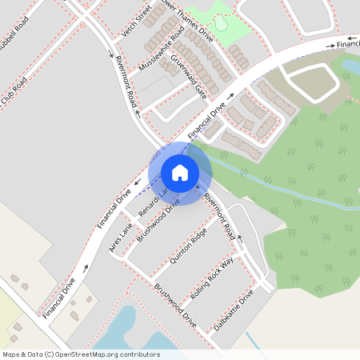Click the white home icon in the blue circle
[x=180, y=172]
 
